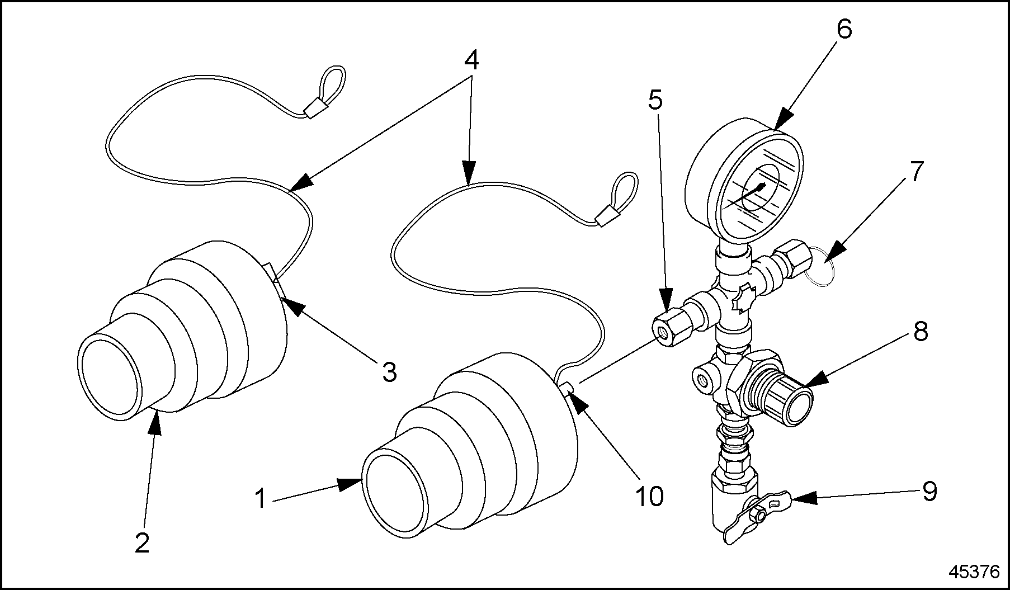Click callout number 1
tap(260, 498)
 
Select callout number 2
tap(143, 542)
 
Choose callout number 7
tap(915, 172)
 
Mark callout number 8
tap(920, 331)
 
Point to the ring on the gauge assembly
tap(820, 270)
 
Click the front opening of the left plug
tap(110, 377)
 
